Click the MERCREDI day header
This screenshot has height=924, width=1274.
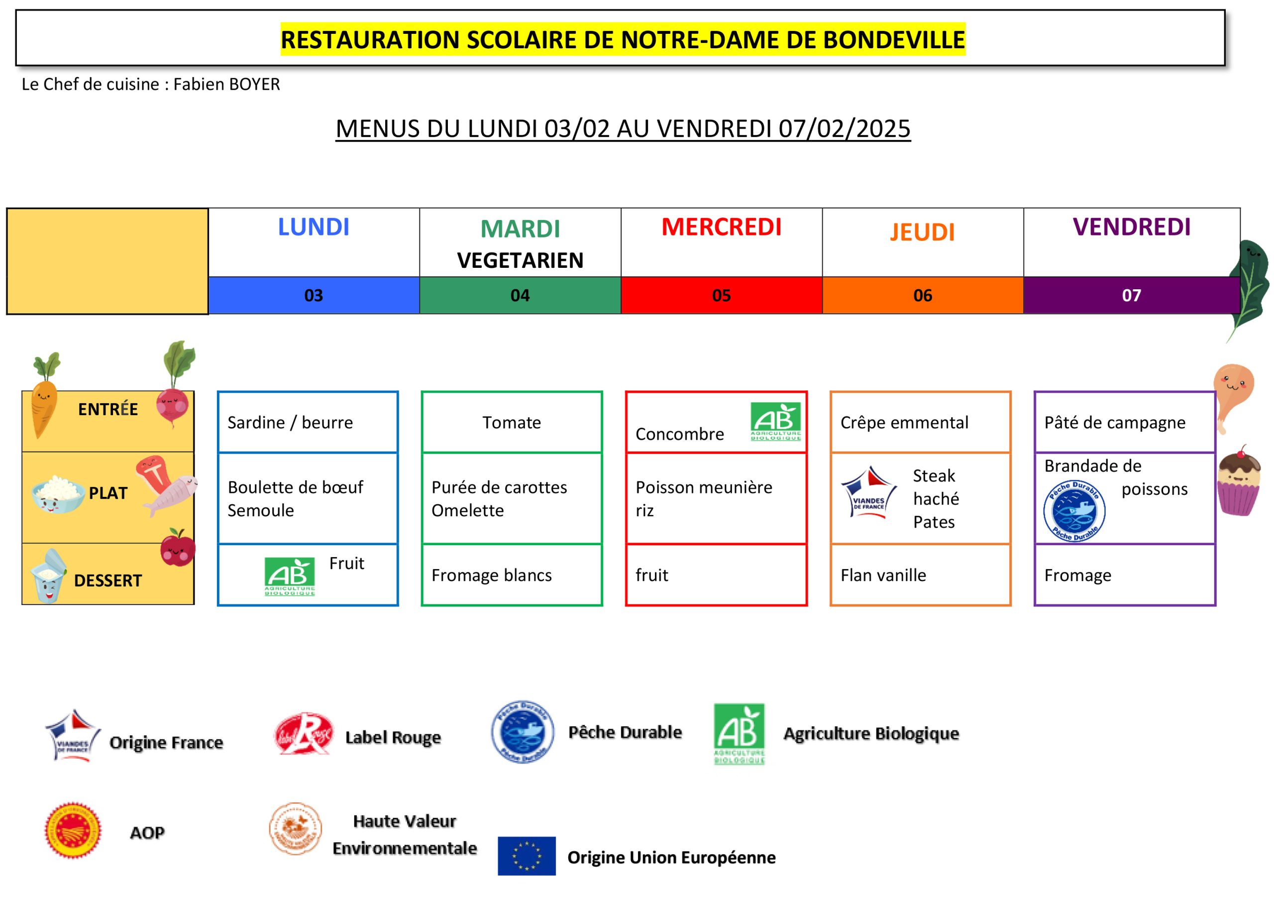tap(721, 227)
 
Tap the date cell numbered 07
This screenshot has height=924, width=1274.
tap(1131, 296)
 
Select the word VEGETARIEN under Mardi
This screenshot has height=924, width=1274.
tap(520, 261)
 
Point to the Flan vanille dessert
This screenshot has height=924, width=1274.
tap(883, 576)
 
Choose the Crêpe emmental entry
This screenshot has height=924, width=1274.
tap(904, 423)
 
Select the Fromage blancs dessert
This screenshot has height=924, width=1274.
tap(492, 576)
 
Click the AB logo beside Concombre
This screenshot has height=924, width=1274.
tap(776, 422)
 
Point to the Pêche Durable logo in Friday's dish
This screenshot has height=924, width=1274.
tap(1074, 511)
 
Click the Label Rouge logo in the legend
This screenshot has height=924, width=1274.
tap(303, 734)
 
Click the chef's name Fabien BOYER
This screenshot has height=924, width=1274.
tap(226, 84)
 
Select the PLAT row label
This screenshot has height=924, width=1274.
tap(108, 493)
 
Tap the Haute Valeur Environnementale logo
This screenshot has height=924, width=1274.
tap(296, 829)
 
